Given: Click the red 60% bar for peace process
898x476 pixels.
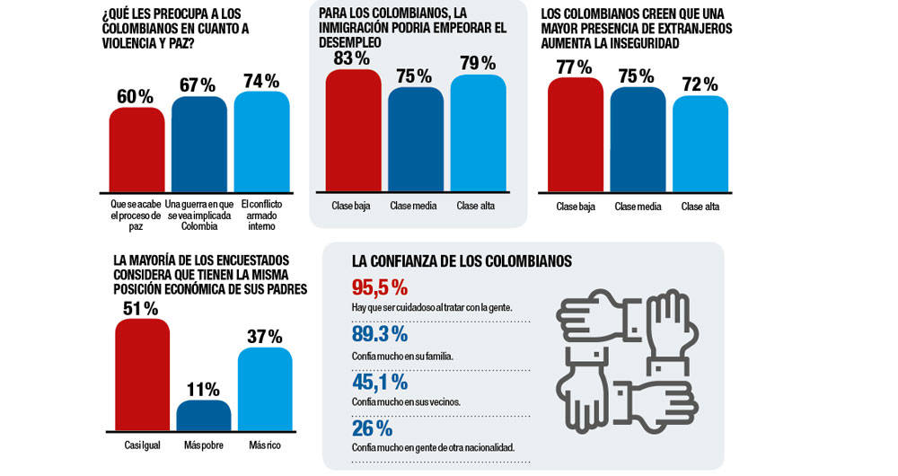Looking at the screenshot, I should click(x=137, y=149).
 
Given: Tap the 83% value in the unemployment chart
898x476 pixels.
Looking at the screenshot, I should click(x=350, y=58).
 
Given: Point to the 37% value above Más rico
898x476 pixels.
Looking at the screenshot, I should click(x=264, y=337).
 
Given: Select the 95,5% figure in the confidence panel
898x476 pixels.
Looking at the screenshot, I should click(x=380, y=287).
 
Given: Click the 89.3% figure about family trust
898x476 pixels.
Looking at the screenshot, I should click(x=380, y=334).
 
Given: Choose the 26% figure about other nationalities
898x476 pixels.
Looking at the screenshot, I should click(x=372, y=428).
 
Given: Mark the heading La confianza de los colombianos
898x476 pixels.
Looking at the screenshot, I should click(x=462, y=262).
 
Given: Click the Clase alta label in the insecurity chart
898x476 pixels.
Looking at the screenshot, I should click(x=700, y=207).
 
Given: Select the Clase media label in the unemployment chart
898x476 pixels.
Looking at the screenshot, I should click(x=413, y=207).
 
